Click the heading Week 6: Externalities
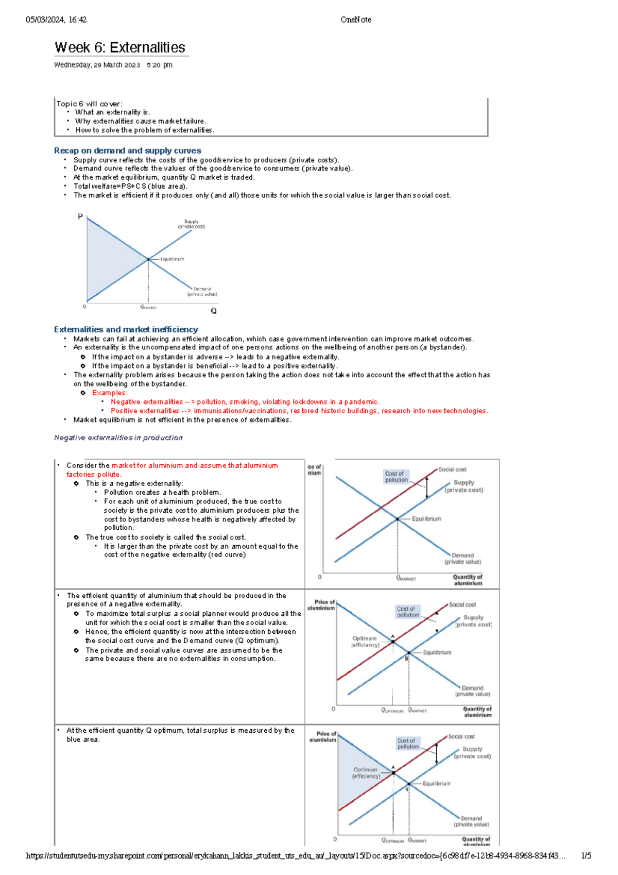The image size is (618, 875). point(119,47)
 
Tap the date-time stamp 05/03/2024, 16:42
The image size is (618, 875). point(56,20)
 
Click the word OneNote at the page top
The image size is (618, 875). point(355,20)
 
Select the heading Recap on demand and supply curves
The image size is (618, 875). point(127,150)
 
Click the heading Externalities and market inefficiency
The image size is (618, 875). point(126,329)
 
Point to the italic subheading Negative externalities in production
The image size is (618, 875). point(118,437)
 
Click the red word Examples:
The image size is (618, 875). point(110,393)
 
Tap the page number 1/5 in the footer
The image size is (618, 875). point(586,856)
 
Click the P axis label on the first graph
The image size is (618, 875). point(80,216)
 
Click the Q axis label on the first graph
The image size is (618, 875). point(214,311)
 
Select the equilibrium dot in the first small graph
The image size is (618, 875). point(148,259)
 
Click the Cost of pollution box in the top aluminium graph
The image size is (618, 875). point(396,477)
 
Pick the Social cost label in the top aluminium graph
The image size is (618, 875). point(452,469)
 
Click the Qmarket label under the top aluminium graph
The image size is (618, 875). point(406,578)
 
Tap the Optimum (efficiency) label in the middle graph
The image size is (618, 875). point(365,642)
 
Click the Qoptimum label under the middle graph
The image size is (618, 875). point(392,711)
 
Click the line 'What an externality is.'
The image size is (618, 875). point(112,112)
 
